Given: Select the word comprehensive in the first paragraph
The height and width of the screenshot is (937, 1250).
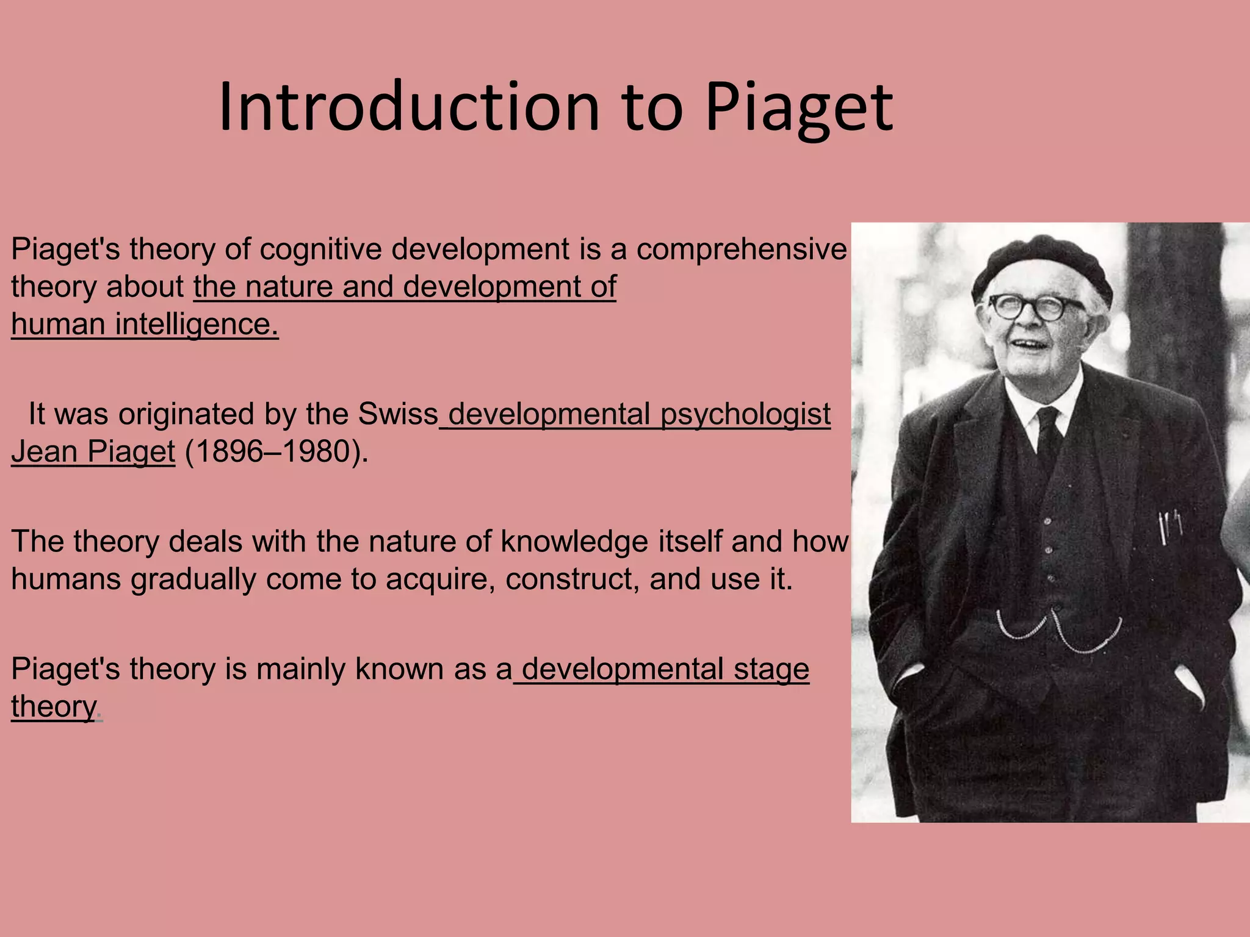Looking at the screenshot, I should point(741,249).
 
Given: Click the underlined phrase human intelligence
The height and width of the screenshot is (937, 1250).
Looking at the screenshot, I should point(145,325).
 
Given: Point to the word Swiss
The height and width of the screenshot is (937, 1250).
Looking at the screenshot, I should point(398,414).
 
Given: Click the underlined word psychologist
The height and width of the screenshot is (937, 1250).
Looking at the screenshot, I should point(745,415).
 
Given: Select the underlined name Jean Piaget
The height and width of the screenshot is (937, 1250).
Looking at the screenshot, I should point(93,452).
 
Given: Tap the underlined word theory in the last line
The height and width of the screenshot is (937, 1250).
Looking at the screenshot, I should point(54,707).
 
